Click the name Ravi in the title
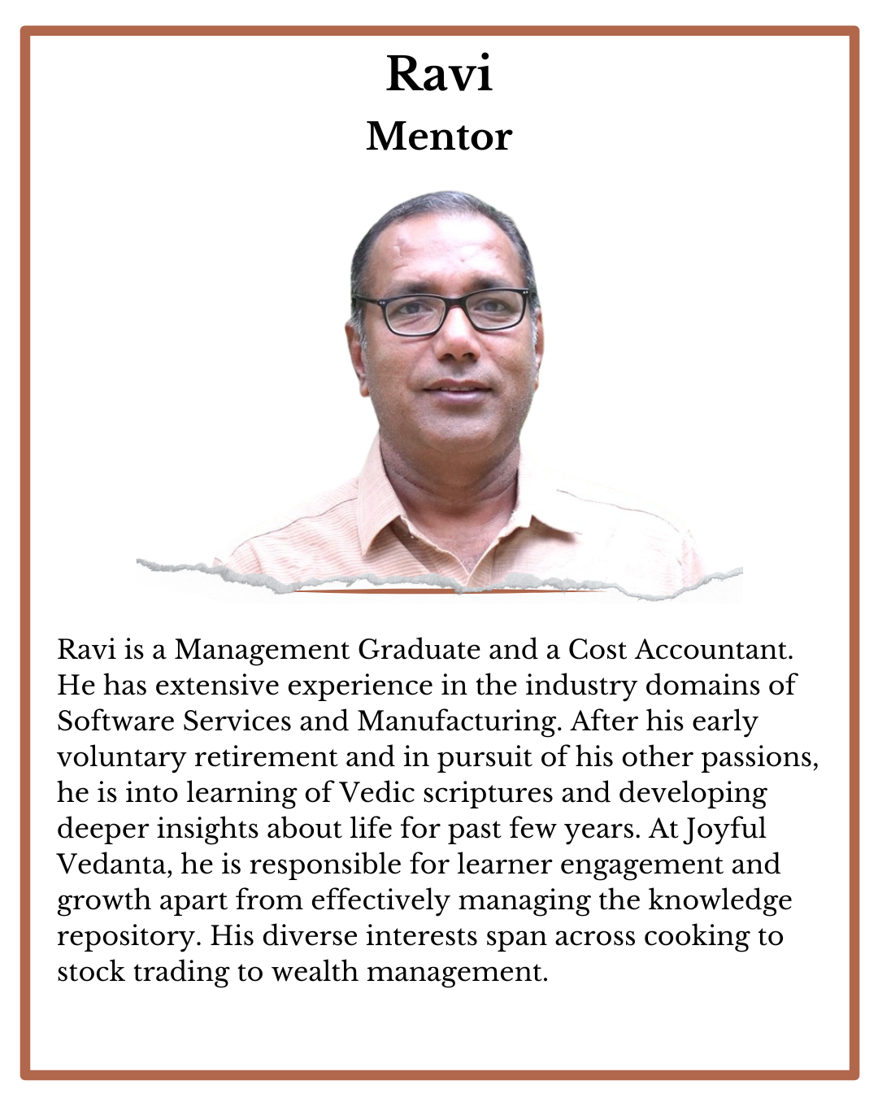(439, 74)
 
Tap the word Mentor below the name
(439, 137)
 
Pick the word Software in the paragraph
(115, 721)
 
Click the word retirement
(266, 757)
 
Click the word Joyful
(725, 829)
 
